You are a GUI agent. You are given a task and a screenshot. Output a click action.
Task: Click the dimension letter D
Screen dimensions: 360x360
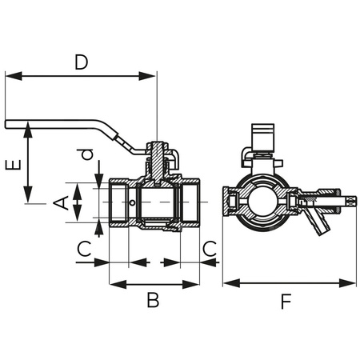(80, 61)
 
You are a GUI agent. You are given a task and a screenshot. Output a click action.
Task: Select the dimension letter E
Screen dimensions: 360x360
(11, 166)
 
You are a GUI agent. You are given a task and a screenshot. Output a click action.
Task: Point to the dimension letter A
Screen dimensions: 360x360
(59, 203)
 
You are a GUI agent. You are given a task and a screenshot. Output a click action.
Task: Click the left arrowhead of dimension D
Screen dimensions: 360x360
(10, 76)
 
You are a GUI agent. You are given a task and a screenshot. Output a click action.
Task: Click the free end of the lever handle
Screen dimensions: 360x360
(8, 124)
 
